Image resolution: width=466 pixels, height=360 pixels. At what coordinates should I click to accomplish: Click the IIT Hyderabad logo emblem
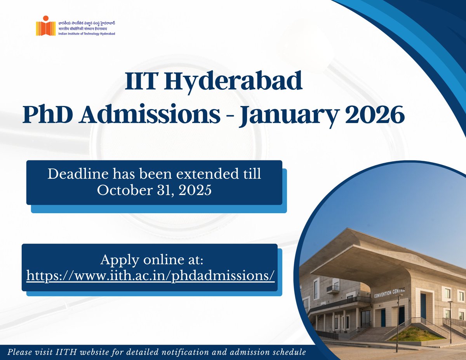point(43,26)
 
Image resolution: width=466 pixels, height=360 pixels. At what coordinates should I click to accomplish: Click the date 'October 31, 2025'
point(154,190)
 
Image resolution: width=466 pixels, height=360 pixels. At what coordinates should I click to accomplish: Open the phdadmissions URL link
point(150,275)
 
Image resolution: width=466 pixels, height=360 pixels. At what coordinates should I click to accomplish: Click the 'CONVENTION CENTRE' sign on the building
point(389,292)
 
